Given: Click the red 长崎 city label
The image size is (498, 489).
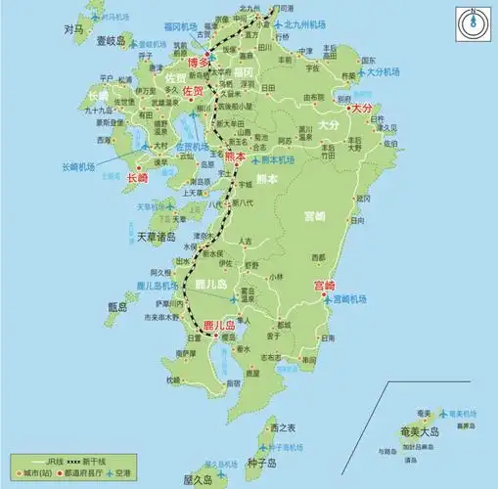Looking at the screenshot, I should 138,177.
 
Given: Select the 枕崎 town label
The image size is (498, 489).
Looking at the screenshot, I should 173,379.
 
